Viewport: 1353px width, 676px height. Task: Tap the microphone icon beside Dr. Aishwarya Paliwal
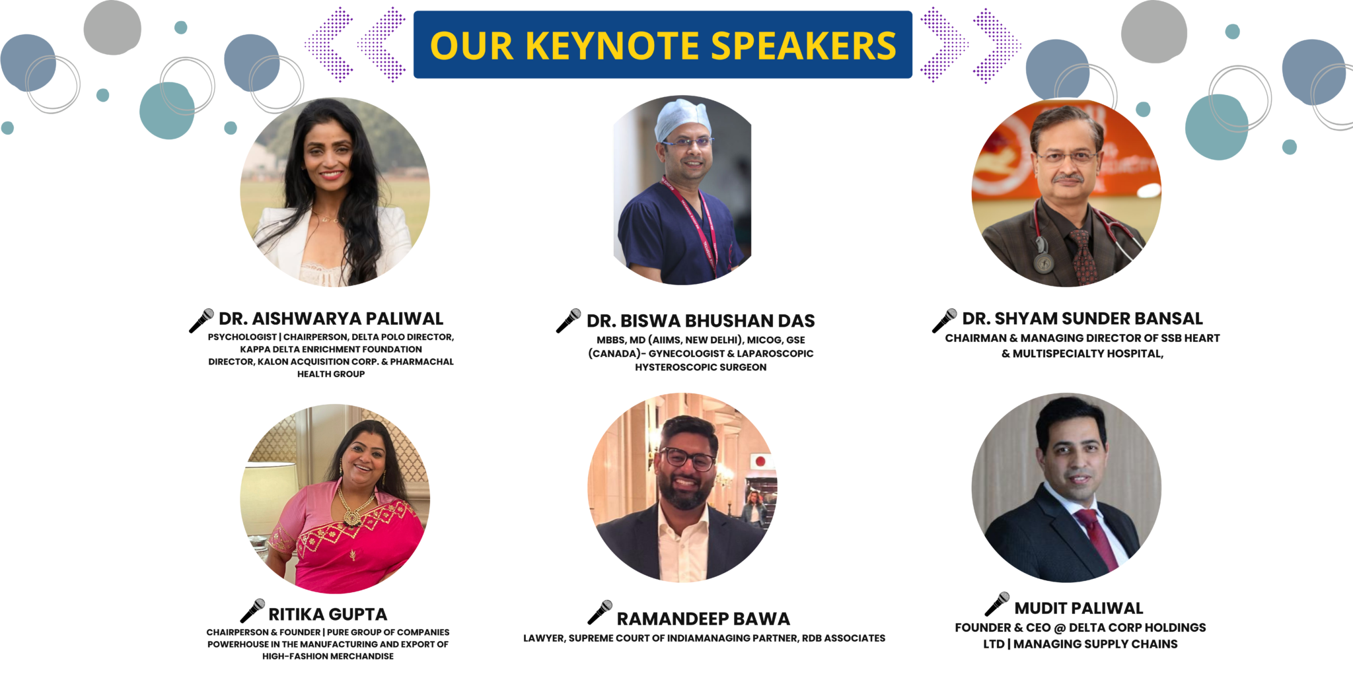[x=201, y=320]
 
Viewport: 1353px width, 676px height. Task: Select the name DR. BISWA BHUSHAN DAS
[x=700, y=321]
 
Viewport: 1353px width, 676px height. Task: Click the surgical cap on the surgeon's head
[x=683, y=119]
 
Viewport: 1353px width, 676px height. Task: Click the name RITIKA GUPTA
[x=328, y=615]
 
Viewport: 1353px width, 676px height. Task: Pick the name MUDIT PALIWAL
[x=1079, y=608]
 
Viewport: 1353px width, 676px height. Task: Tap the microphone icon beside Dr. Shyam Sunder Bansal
[x=944, y=320]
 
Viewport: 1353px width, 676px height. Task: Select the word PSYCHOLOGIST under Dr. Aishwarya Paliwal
[x=242, y=337]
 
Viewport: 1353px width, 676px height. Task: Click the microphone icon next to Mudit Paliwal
[x=997, y=604]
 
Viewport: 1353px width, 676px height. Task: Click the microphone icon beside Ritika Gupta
[x=252, y=611]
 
